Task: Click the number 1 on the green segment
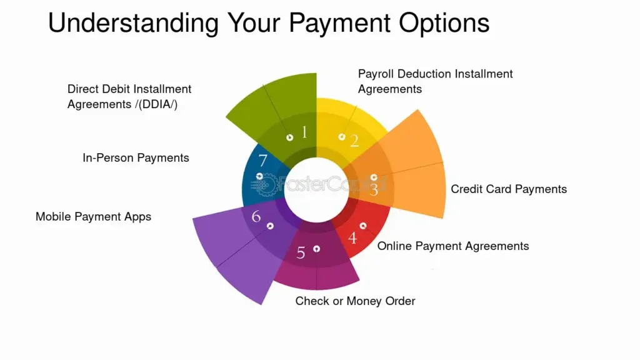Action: [304, 132]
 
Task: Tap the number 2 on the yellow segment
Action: [354, 141]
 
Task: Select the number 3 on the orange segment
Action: [374, 189]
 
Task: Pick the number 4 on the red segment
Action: [352, 237]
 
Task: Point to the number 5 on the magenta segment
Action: [301, 253]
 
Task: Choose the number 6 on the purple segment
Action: [256, 216]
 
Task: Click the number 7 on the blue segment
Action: [263, 161]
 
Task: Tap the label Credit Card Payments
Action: [509, 189]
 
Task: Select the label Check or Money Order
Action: [355, 301]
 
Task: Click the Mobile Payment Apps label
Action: [94, 217]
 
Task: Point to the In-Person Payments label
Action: [136, 158]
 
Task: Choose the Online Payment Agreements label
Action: [453, 246]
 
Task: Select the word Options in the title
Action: [444, 23]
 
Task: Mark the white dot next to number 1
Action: [290, 137]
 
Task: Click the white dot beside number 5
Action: [317, 249]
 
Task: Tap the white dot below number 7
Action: [259, 176]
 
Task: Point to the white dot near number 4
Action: [363, 226]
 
